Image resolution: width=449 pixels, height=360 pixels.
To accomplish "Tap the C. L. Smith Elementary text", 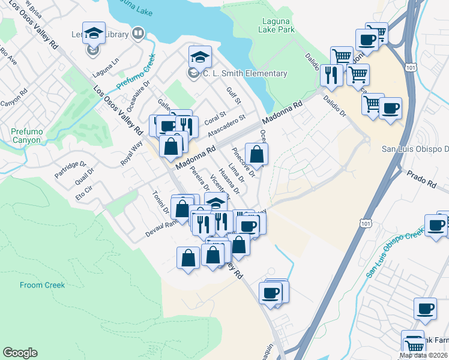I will coord(244,74).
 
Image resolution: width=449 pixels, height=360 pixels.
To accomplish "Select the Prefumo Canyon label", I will coord(25,136).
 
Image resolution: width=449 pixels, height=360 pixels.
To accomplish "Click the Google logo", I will coord(20,353).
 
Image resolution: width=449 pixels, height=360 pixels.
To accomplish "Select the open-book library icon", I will coord(138,33).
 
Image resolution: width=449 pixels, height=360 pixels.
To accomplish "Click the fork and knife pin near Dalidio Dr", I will coord(331,75).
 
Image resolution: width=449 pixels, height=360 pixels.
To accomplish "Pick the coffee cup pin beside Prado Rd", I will coord(436,225).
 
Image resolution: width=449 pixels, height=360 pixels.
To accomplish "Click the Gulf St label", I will coord(233,95).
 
